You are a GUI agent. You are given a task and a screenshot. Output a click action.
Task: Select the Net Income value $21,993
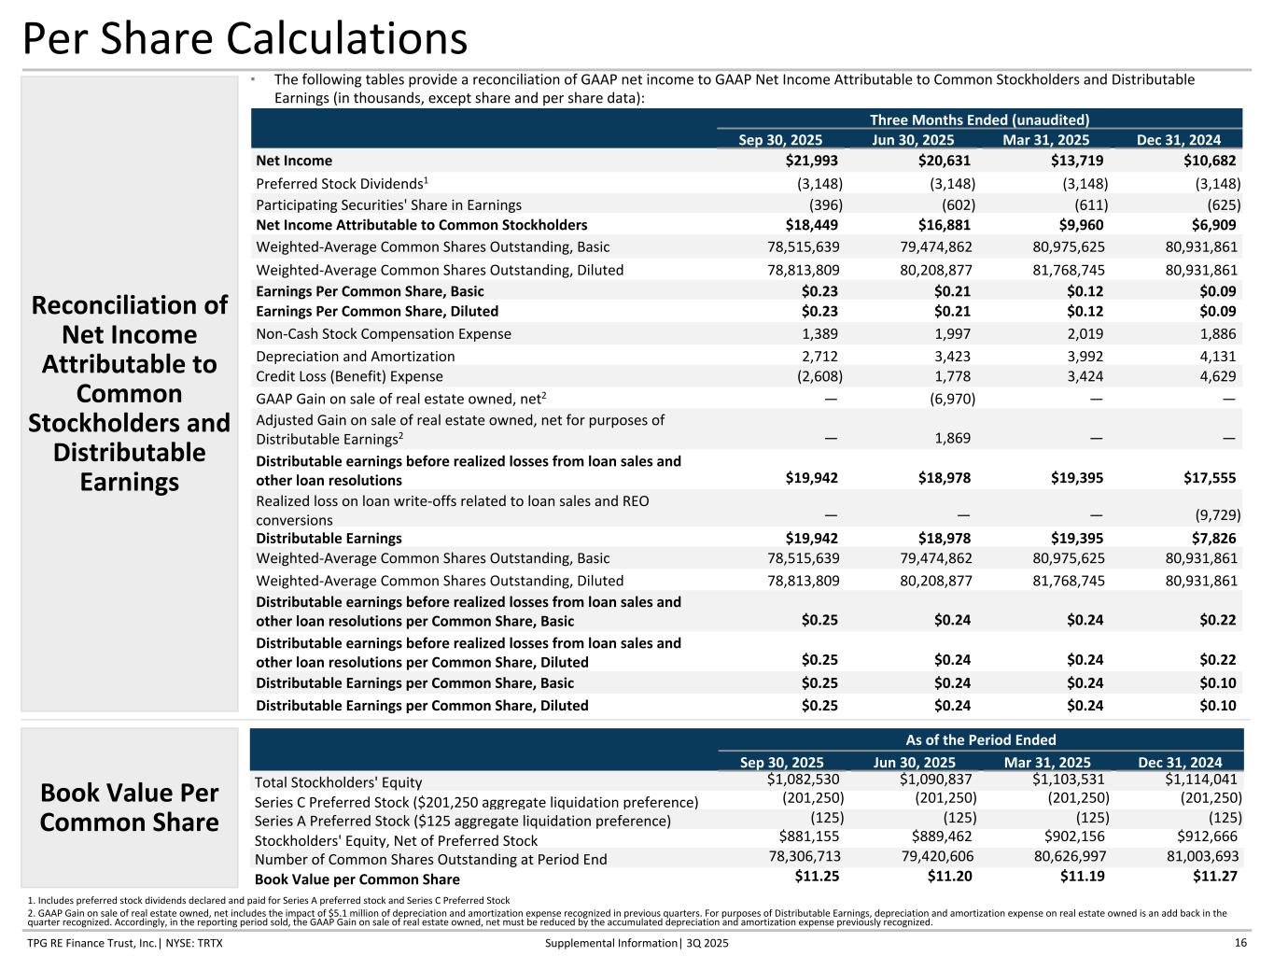point(811,162)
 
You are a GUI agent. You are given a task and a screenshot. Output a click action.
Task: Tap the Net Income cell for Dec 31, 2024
point(1211,162)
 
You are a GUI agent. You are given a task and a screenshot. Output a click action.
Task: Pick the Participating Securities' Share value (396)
point(825,204)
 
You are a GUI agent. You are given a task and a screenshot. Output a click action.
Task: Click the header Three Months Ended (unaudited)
point(979,119)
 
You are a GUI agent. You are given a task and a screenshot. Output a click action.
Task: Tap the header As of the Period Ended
point(981,739)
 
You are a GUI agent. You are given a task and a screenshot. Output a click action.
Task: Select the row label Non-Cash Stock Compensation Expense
point(384,333)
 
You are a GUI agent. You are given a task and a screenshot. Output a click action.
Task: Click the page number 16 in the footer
point(1240,943)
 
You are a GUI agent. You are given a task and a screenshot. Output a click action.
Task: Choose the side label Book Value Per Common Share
point(130,808)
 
